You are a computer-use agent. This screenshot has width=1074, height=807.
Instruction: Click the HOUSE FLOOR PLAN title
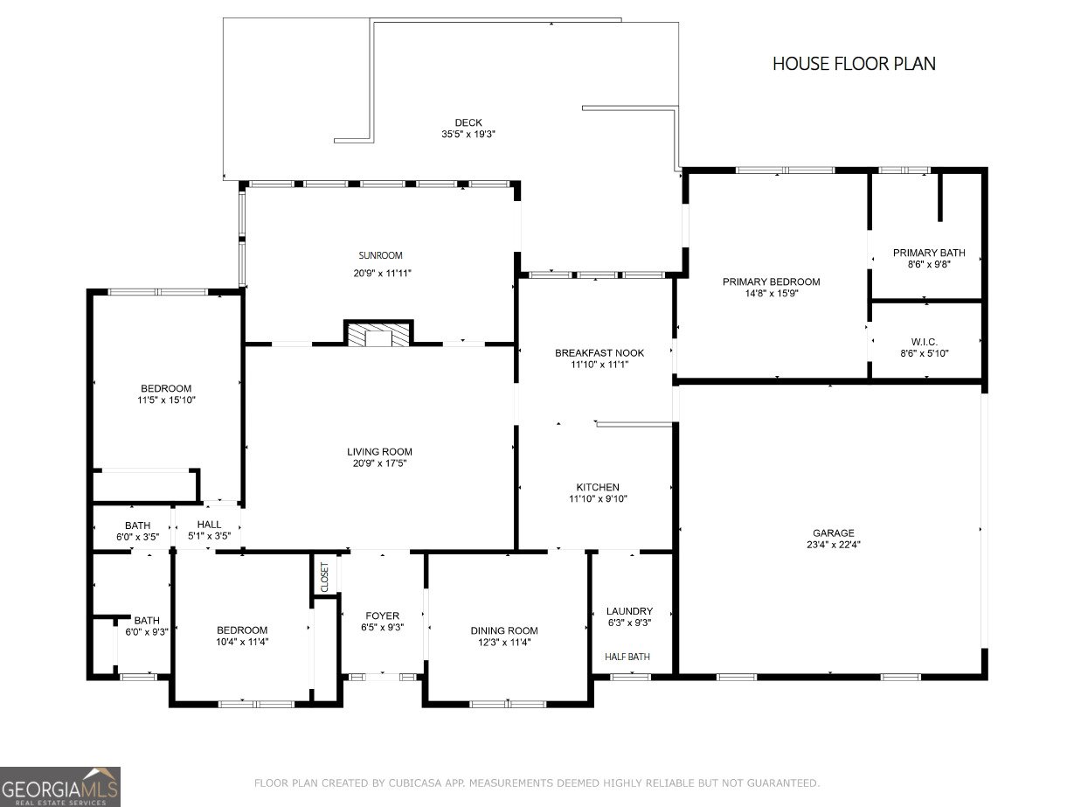[x=854, y=63]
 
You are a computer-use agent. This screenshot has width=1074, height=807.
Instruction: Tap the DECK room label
[x=468, y=122]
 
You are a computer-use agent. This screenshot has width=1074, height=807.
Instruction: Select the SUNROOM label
[x=380, y=255]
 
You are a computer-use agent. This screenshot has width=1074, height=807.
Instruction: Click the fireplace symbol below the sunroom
[x=378, y=335]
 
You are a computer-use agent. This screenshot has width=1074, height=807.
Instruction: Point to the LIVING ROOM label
[x=379, y=452]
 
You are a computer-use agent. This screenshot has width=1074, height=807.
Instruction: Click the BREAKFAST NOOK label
[x=599, y=353]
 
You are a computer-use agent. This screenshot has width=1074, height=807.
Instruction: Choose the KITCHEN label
[x=598, y=487]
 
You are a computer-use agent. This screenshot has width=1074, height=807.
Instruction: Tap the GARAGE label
[x=833, y=532]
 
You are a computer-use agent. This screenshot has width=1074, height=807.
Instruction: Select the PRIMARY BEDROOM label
[x=771, y=282]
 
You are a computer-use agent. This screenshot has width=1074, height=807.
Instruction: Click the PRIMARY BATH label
[x=929, y=253]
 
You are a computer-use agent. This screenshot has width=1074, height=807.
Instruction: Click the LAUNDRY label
[x=629, y=611]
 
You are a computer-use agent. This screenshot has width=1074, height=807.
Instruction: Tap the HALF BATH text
[x=627, y=657]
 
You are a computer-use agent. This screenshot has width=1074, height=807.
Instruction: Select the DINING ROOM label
[x=504, y=630]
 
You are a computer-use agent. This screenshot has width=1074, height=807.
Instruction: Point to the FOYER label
[x=382, y=616]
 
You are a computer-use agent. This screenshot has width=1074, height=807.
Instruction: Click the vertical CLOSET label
[x=325, y=578]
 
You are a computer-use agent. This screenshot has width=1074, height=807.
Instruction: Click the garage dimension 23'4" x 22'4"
[x=833, y=544]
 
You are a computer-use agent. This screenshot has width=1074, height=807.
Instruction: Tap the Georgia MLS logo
[x=60, y=786]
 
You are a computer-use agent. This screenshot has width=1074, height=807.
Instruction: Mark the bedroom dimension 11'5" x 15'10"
[x=166, y=400]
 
